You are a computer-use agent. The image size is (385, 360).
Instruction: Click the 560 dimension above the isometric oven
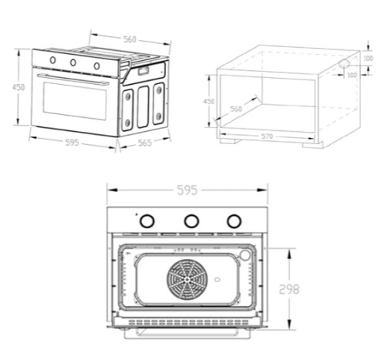point(130,39)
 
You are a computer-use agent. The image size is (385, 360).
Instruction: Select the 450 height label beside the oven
point(19,87)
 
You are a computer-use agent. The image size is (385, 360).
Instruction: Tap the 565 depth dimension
point(145,143)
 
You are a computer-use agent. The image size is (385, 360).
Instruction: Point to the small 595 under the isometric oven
point(72,143)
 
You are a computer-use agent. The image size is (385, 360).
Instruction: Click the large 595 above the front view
point(187,190)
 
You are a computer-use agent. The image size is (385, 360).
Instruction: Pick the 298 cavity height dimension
point(289,289)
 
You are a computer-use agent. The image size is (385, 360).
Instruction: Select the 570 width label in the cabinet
point(267,136)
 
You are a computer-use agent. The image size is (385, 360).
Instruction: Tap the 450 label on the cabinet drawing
point(209,101)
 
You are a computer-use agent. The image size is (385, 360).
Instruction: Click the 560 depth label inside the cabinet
point(236,109)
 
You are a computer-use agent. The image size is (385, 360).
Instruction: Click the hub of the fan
point(187,279)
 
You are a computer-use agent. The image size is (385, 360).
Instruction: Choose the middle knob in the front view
point(191,220)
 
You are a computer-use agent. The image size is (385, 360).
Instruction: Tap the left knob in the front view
point(147,220)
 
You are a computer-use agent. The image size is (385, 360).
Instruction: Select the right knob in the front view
point(234,220)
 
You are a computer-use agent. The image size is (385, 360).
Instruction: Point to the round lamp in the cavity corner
point(245,255)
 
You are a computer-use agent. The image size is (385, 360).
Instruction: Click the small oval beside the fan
point(218,279)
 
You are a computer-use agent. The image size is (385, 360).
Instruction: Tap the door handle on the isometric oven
point(73,79)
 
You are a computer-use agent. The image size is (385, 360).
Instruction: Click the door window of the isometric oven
point(75,101)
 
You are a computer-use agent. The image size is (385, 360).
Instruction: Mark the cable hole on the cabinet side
point(344,63)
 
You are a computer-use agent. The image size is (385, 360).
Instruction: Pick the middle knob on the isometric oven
point(73,62)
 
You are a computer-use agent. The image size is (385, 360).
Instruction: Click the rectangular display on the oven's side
point(144,70)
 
